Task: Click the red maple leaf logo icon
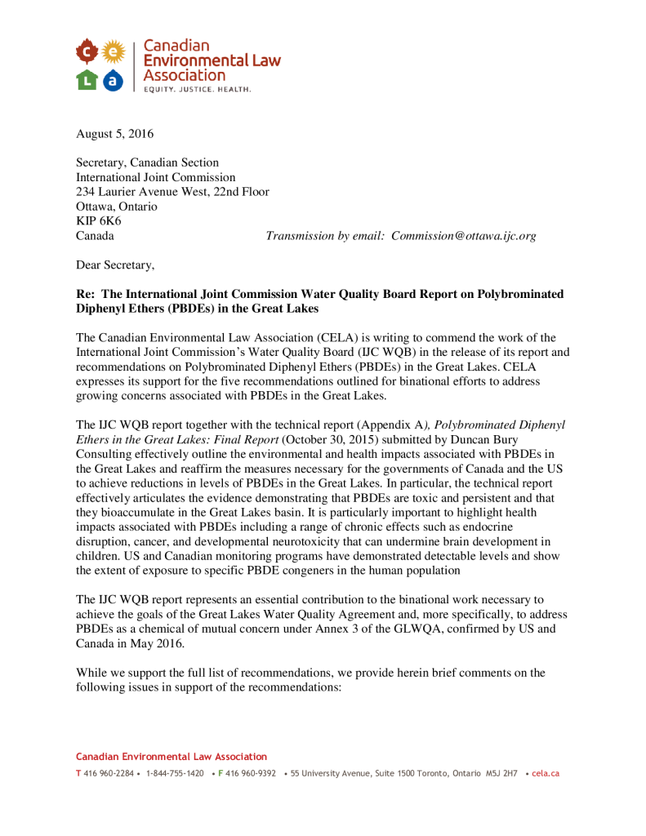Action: click(87, 53)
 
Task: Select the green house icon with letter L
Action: click(87, 79)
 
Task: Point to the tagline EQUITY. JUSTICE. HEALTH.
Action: click(197, 88)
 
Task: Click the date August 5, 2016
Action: click(114, 134)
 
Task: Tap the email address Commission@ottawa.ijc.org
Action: click(463, 236)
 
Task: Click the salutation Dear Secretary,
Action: click(115, 265)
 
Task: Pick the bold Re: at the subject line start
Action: click(87, 294)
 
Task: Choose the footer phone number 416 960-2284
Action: click(108, 773)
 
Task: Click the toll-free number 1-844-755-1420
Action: click(175, 773)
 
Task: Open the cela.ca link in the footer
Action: click(546, 773)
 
